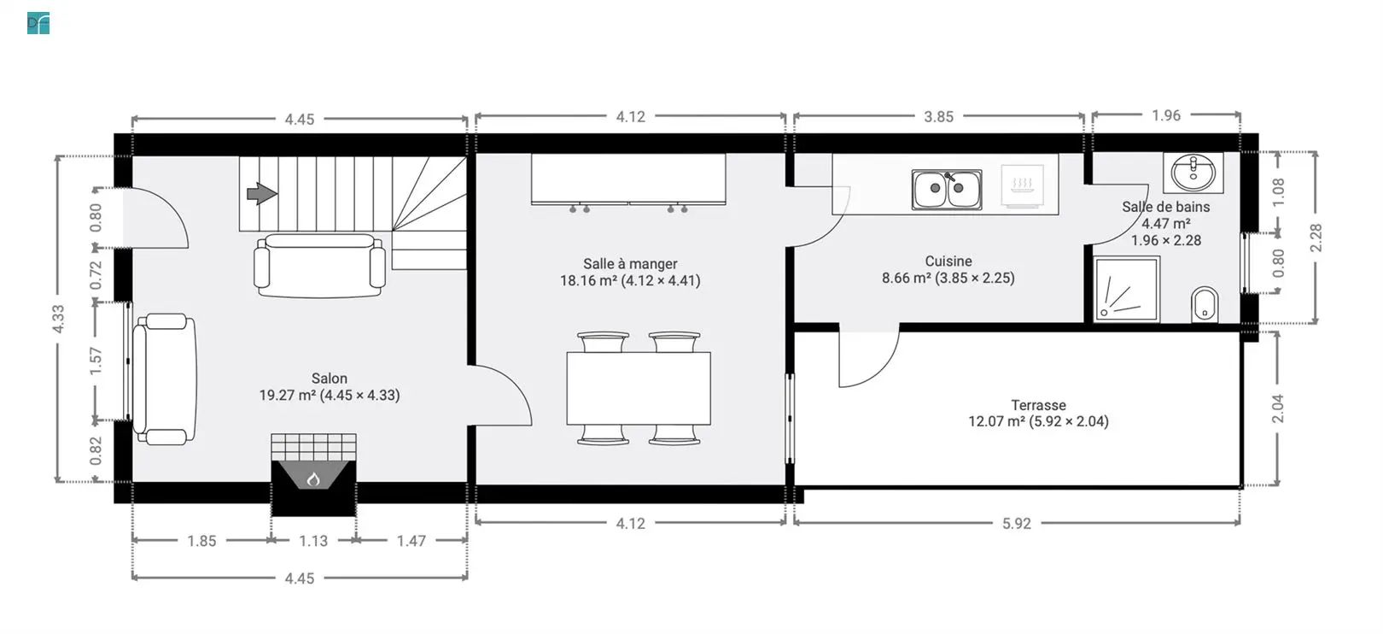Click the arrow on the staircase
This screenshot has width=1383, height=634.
pyautogui.click(x=262, y=193)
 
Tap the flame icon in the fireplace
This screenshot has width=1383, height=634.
pyautogui.click(x=313, y=478)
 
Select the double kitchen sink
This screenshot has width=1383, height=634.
pyautogui.click(x=947, y=190)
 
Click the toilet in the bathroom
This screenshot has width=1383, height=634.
pyautogui.click(x=1204, y=304)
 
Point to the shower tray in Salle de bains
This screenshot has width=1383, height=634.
pyautogui.click(x=1127, y=289)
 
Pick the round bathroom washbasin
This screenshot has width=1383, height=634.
pyautogui.click(x=1193, y=172)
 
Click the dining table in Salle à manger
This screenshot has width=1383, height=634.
pyautogui.click(x=639, y=388)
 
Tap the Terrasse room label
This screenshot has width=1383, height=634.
pyautogui.click(x=1038, y=405)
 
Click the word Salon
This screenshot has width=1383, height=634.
pyautogui.click(x=329, y=379)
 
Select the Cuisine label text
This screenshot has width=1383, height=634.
pyautogui.click(x=948, y=261)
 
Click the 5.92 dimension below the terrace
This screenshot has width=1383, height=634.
pyautogui.click(x=1016, y=524)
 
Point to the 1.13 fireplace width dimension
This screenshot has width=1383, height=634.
pyautogui.click(x=313, y=541)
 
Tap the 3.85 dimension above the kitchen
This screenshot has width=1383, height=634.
pyautogui.click(x=938, y=116)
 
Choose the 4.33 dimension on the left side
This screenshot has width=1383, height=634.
pyautogui.click(x=58, y=319)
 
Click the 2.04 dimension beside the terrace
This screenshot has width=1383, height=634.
pyautogui.click(x=1277, y=408)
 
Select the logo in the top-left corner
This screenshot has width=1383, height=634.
pyautogui.click(x=38, y=23)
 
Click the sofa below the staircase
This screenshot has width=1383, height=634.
pyautogui.click(x=320, y=266)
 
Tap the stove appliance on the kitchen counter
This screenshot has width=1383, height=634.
pyautogui.click(x=1023, y=185)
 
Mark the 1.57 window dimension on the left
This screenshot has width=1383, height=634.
pyautogui.click(x=95, y=361)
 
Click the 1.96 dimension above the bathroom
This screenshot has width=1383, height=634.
pyautogui.click(x=1165, y=115)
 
